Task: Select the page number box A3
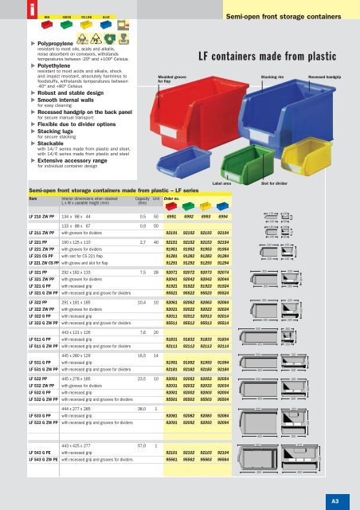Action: [x=346, y=499]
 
